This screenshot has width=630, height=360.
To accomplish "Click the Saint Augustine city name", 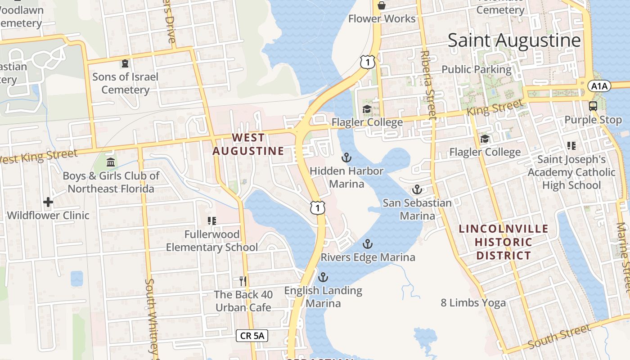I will click(x=514, y=40).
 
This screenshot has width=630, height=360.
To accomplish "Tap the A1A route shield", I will click(x=599, y=85).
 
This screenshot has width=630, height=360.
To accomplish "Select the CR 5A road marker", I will click(x=252, y=335).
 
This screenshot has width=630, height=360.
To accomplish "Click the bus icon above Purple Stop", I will click(x=593, y=106).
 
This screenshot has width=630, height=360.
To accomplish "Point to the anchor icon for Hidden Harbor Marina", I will click(x=346, y=157).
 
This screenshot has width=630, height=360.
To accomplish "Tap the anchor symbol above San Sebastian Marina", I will click(x=417, y=189).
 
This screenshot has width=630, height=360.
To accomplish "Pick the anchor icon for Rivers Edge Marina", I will click(x=368, y=244).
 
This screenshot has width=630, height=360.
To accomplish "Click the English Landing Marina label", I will click(x=323, y=297).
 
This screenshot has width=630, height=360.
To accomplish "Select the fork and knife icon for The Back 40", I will click(x=243, y=281).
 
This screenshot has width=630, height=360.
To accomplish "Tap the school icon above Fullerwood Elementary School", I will click(x=212, y=220).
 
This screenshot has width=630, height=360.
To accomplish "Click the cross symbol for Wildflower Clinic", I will click(x=48, y=202).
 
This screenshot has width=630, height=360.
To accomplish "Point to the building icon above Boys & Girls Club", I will click(x=111, y=162).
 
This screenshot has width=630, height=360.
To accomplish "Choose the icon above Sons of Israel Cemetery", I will click(x=125, y=63).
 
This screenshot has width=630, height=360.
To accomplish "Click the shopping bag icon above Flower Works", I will click(x=382, y=5).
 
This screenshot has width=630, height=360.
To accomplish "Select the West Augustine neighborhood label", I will click(x=248, y=144).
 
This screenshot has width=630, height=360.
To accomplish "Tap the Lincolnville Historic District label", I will click(x=504, y=242).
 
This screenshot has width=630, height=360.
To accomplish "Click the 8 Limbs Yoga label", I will click(x=473, y=303).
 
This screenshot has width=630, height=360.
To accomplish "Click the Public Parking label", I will click(x=477, y=69).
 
